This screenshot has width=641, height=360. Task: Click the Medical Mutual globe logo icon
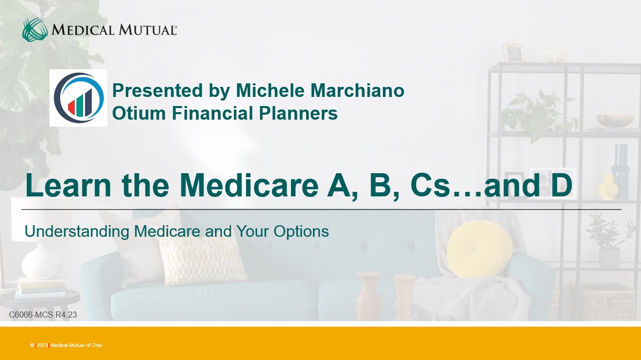[x=35, y=30]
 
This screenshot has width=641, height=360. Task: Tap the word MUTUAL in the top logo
[x=147, y=30]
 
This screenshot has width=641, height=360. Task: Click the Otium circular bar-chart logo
[x=78, y=98]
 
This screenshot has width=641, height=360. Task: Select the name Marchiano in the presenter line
[x=357, y=90]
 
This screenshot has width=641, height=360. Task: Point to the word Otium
[x=139, y=113]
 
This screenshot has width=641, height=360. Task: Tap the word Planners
[x=298, y=113]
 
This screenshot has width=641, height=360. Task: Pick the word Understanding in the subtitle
[x=77, y=232]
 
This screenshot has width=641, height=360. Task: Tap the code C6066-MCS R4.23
[x=43, y=315]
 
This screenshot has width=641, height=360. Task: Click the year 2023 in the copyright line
[x=42, y=345]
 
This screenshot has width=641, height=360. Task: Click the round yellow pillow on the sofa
[x=479, y=249]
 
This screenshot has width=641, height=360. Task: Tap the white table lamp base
[x=41, y=263]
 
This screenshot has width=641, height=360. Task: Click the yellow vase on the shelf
[x=608, y=187]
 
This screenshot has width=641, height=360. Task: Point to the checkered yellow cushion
[x=203, y=261]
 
